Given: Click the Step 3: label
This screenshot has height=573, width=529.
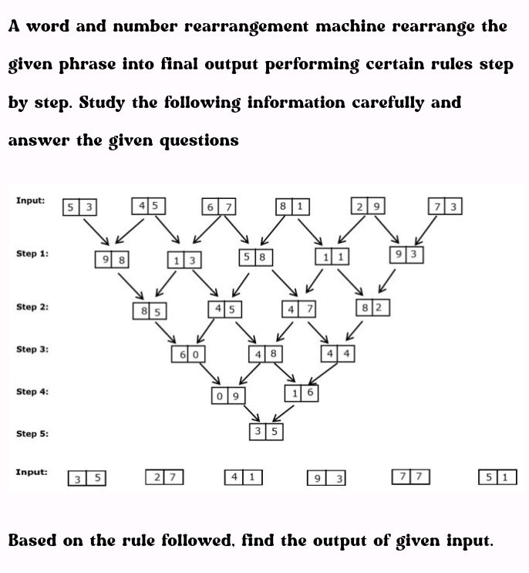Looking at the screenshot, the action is click(x=32, y=349).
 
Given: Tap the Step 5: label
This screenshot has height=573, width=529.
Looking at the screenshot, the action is click(x=32, y=433).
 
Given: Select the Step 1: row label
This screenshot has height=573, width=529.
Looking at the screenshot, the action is click(x=32, y=253).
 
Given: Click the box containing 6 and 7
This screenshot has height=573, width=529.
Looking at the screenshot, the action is click(x=219, y=207).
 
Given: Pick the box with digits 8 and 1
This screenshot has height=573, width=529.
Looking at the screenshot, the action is click(x=292, y=207).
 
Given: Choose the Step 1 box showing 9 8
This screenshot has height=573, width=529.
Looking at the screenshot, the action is click(x=111, y=259).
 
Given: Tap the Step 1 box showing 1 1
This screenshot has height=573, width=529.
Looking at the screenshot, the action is click(x=332, y=256).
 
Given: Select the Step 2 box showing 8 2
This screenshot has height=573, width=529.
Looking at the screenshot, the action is click(x=373, y=308).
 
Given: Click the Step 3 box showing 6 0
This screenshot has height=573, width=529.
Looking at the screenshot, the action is click(x=188, y=354).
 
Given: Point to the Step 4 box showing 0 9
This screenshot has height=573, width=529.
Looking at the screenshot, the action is click(x=228, y=396).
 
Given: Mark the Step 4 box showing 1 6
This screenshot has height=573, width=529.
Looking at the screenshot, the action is click(x=302, y=393).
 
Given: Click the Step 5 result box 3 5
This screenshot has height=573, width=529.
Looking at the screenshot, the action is click(x=266, y=431).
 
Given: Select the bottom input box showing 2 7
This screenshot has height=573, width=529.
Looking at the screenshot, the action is click(x=164, y=477).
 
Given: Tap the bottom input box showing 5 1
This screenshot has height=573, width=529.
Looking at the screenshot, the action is click(x=497, y=477).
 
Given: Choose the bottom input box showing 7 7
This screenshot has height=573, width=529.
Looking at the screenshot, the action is click(x=411, y=477).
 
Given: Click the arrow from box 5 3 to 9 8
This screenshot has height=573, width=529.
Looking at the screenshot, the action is click(x=96, y=232).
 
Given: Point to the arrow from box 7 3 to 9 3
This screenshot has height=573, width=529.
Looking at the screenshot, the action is click(x=426, y=231).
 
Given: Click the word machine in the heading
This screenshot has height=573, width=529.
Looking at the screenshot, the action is click(x=350, y=26).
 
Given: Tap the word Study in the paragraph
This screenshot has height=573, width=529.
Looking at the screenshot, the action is click(x=102, y=103).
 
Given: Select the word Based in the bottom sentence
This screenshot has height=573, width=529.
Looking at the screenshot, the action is click(x=32, y=540).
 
